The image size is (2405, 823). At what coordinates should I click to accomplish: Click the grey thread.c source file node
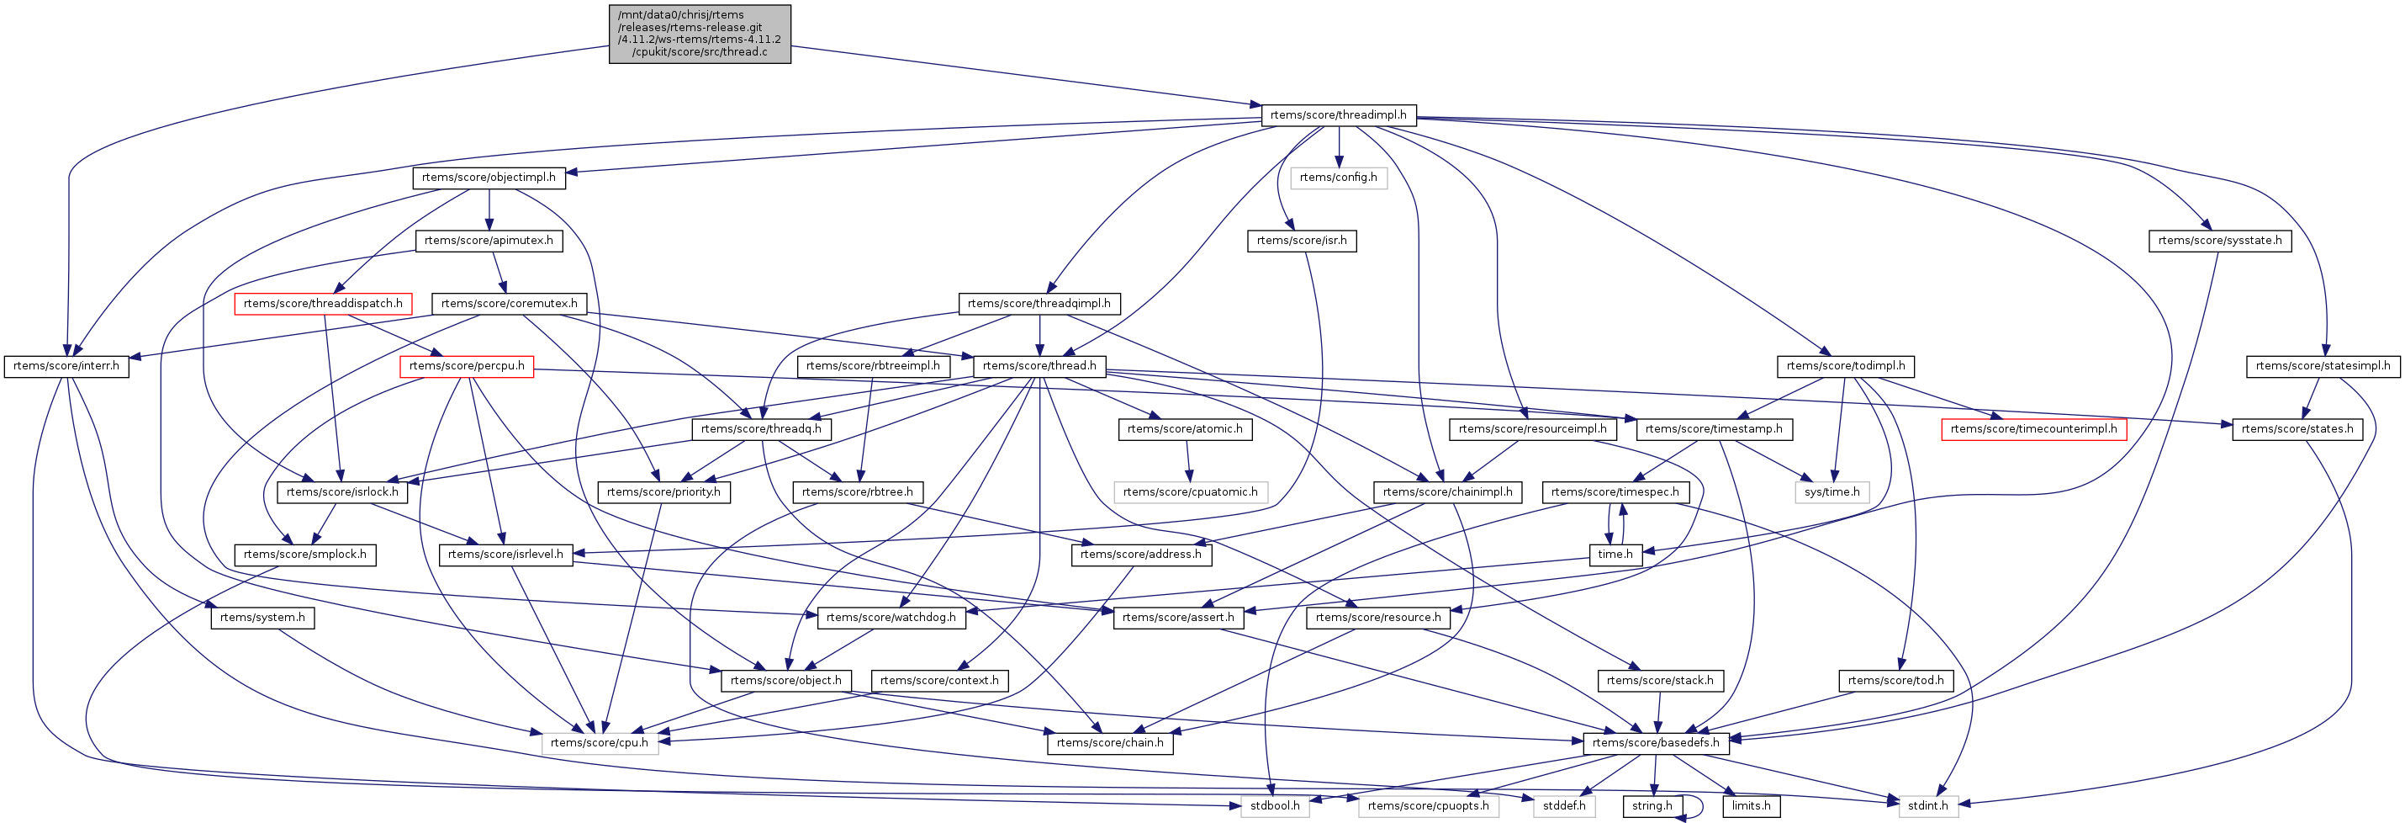700,34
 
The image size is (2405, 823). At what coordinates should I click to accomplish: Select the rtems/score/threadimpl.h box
1338,115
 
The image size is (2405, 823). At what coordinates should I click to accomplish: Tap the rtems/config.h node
1338,178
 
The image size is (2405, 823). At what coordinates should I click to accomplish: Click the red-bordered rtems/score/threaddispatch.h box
323,304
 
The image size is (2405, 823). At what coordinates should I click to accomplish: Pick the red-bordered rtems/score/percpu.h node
467,366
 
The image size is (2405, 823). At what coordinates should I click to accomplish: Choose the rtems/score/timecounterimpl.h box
2033,429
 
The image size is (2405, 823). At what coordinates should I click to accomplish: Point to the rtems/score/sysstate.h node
2219,241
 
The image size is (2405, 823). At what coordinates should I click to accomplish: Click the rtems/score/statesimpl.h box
2322,366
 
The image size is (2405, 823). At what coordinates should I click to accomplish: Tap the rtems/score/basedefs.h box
1655,743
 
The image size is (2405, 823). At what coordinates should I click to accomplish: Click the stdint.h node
1927,805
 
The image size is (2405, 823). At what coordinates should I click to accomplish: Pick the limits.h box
1751,805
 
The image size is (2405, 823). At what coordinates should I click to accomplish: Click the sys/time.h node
1831,492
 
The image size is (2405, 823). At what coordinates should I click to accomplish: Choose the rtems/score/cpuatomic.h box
1191,492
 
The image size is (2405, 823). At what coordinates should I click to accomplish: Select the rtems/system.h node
262,618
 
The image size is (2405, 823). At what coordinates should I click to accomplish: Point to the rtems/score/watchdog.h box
891,618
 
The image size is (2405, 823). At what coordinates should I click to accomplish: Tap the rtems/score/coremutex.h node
509,304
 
